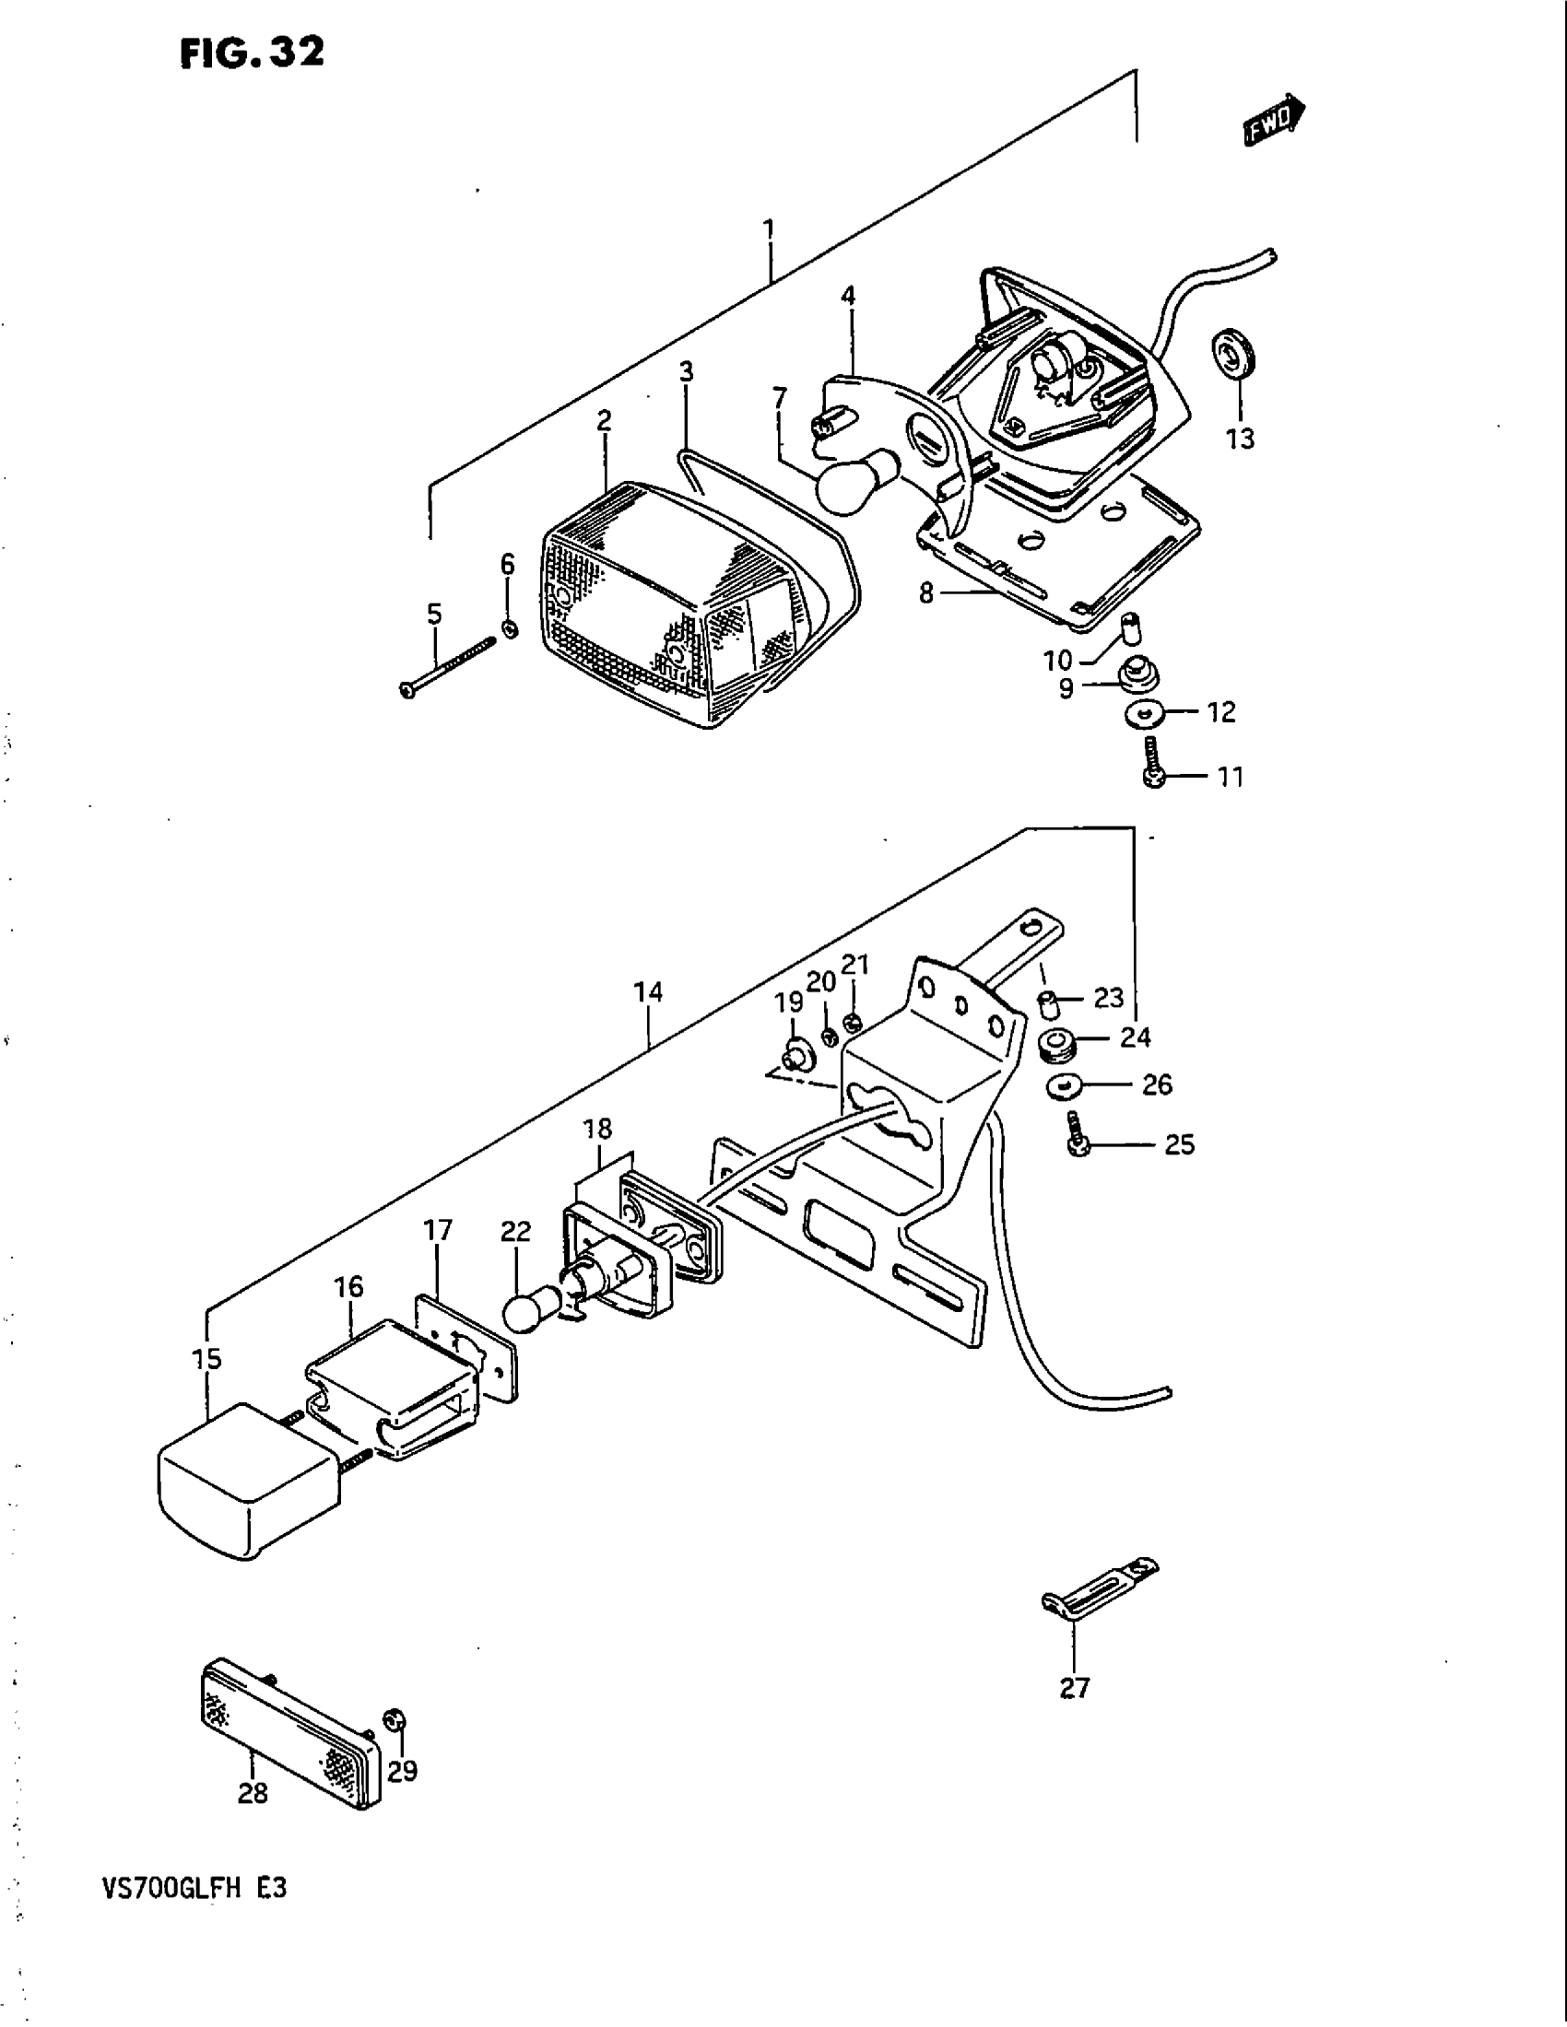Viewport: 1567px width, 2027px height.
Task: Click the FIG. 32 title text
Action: tap(252, 54)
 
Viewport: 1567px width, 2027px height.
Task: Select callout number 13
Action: tap(1240, 438)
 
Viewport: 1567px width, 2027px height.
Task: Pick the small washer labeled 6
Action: tap(509, 628)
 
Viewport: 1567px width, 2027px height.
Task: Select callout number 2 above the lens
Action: tap(605, 421)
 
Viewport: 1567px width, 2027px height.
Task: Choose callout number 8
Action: tap(926, 592)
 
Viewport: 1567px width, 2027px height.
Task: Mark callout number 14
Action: tap(648, 993)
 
